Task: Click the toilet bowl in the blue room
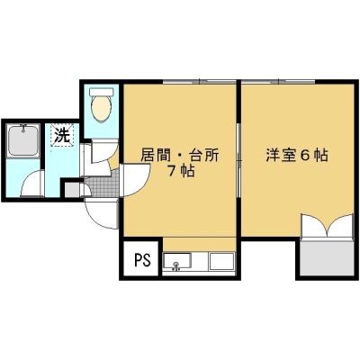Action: pyautogui.click(x=102, y=109)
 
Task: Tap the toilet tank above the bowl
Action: pyautogui.click(x=102, y=92)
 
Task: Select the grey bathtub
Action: pyautogui.click(x=23, y=140)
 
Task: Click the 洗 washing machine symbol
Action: pyautogui.click(x=62, y=135)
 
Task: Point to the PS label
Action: pyautogui.click(x=142, y=260)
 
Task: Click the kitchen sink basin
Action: pyautogui.click(x=176, y=260)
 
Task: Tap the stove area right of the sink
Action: pyautogui.click(x=221, y=261)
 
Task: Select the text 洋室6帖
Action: pyautogui.click(x=296, y=156)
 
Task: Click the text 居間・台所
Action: pyautogui.click(x=180, y=156)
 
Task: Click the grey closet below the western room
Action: pyautogui.click(x=327, y=257)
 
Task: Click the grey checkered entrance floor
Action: pyautogui.click(x=103, y=185)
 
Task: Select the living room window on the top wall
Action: pyautogui.click(x=200, y=81)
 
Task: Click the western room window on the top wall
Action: pyautogui.click(x=278, y=81)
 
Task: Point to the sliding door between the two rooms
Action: pyautogui.click(x=238, y=160)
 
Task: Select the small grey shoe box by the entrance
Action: pyautogui.click(x=72, y=190)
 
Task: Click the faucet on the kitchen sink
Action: pyautogui.click(x=176, y=265)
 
